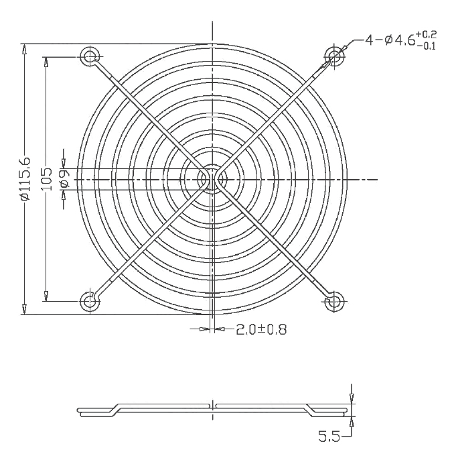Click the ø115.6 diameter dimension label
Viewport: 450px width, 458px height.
pyautogui.click(x=25, y=179)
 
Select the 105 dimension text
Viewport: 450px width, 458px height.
pyautogui.click(x=47, y=179)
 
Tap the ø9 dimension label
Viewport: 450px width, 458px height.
pyautogui.click(x=65, y=178)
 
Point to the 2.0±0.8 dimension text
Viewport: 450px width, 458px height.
pyautogui.click(x=261, y=330)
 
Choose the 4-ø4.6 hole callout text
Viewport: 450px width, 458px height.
pyautogui.click(x=390, y=40)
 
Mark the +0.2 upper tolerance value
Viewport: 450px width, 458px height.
pyautogui.click(x=427, y=35)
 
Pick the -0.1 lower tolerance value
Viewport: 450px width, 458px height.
pyautogui.click(x=427, y=46)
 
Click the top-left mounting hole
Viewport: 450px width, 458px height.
pyautogui.click(x=90, y=55)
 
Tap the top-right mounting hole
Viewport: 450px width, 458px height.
pyautogui.click(x=335, y=55)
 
